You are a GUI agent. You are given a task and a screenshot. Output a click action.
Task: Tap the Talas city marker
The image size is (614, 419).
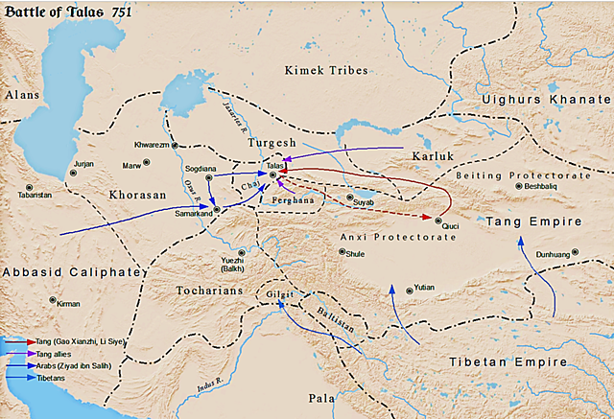pyautogui.click(x=273, y=175)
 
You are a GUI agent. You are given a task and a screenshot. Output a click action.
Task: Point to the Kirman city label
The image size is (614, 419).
pyautogui.click(x=67, y=303)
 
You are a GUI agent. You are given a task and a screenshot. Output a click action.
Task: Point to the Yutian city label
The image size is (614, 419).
pyautogui.click(x=425, y=287)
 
